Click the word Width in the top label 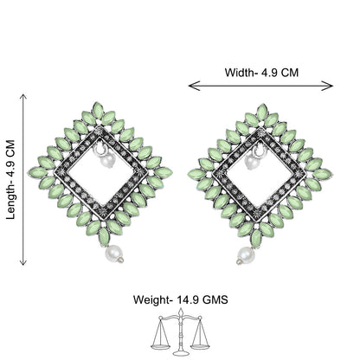pyautogui.click(x=239, y=73)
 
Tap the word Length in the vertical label pyautogui.click(x=10, y=202)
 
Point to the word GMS pyautogui.click(x=215, y=299)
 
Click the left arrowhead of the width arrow pyautogui.click(x=194, y=86)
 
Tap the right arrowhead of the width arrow pyautogui.click(x=327, y=86)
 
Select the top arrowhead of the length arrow pyautogui.click(x=23, y=98)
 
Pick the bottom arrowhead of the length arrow pyautogui.click(x=23, y=261)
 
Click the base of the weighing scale pyautogui.click(x=181, y=353)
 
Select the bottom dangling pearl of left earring pyautogui.click(x=114, y=253)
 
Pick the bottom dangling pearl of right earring pyautogui.click(x=246, y=255)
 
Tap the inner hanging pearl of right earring pyautogui.click(x=251, y=162)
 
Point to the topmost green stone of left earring pyautogui.click(x=98, y=111)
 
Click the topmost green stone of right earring pyautogui.click(x=262, y=112)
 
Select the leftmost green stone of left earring pyautogui.click(x=38, y=173)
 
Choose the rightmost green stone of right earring pyautogui.click(x=322, y=174)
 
